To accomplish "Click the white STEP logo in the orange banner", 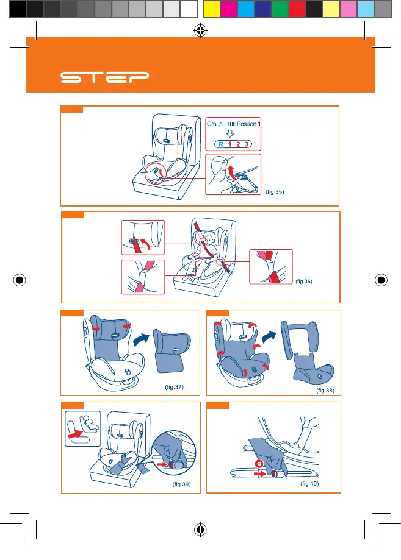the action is click(104, 77).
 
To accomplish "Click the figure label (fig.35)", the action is click(275, 192).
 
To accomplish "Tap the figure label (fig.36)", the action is click(304, 282).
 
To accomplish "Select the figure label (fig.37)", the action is click(174, 387).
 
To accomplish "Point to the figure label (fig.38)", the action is click(325, 391).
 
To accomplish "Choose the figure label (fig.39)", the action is click(182, 484).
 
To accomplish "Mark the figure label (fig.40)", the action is click(309, 484).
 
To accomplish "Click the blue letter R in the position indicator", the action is click(221, 144).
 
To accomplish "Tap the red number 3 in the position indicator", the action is click(247, 144).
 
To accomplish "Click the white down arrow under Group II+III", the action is click(230, 133).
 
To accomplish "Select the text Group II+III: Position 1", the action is click(234, 124).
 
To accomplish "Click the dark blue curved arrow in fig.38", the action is click(269, 337).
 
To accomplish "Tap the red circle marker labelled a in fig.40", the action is click(259, 464).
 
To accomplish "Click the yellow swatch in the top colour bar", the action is click(211, 9).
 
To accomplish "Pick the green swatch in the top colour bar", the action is click(280, 9).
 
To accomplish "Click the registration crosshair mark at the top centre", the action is click(200, 30).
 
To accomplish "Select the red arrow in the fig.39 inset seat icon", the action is click(76, 434).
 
